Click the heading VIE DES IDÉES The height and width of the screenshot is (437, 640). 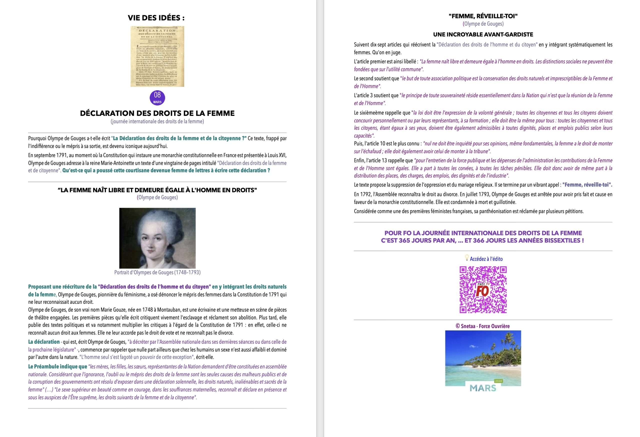point(156,18)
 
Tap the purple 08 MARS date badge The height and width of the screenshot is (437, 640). point(157,97)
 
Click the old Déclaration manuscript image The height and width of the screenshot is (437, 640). point(157,56)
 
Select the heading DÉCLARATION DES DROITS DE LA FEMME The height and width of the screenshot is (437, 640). point(157,113)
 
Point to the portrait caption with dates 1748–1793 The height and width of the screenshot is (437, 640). point(157,272)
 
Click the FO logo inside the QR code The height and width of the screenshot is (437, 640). point(483,290)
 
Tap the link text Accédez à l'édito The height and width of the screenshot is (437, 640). point(486,259)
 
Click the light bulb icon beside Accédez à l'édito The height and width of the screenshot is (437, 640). point(466,258)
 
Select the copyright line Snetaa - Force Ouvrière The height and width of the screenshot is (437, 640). point(482,326)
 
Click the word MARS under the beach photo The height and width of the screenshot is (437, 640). point(482,388)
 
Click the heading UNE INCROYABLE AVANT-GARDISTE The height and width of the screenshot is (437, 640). point(483,34)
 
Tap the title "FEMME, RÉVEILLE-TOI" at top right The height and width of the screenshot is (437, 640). point(483,16)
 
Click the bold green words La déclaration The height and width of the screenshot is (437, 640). point(44,342)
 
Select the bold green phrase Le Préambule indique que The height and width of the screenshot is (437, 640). point(57,366)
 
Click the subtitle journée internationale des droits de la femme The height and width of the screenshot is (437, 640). point(157,121)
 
